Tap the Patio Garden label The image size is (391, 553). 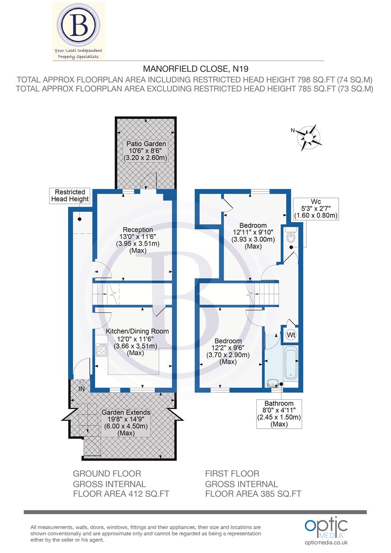click(145, 151)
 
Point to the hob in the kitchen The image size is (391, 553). click(102, 349)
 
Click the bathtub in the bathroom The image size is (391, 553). click(291, 362)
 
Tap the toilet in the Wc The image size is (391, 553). click(291, 236)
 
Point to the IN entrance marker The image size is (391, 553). click(81, 389)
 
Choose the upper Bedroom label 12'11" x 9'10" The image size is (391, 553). click(253, 235)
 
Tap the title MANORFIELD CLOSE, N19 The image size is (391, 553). click(196, 68)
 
